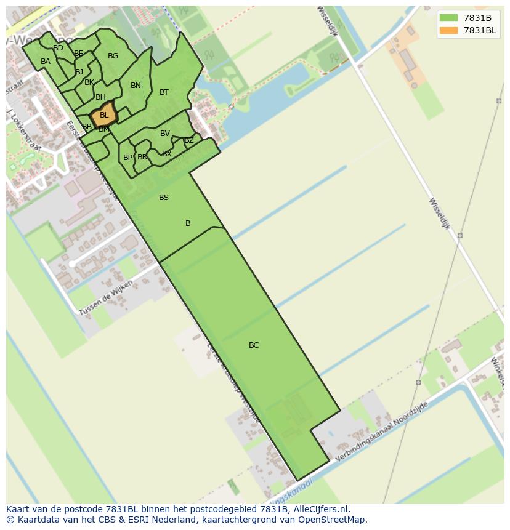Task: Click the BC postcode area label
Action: click(254, 345)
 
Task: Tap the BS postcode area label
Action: click(164, 198)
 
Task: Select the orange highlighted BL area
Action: click(103, 115)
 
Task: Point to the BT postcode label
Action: click(164, 92)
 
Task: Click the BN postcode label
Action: click(136, 86)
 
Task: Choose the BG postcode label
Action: click(113, 56)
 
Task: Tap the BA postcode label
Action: click(46, 62)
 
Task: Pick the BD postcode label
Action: click(58, 48)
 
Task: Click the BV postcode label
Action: click(165, 134)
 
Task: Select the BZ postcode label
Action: click(189, 140)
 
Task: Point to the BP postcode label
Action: click(127, 158)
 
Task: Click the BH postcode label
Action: click(100, 97)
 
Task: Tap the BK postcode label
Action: click(89, 82)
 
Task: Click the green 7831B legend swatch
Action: click(449, 18)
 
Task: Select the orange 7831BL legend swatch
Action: click(449, 30)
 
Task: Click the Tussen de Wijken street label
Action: click(105, 300)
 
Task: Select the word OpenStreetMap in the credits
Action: click(334, 520)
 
